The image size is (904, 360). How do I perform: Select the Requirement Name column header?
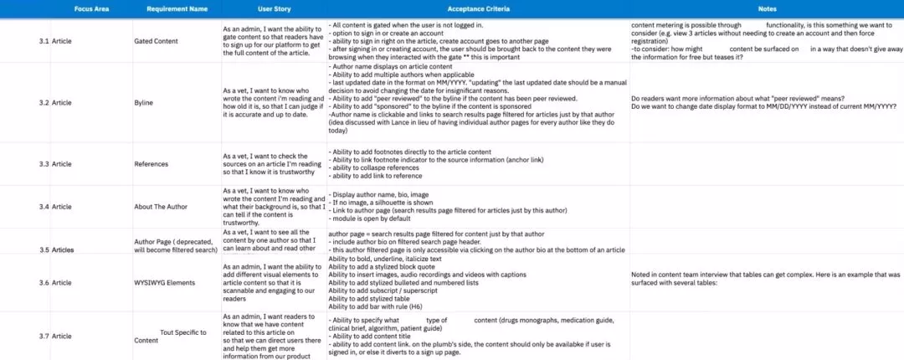pos(177,8)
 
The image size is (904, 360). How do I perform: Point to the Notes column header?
pos(767,8)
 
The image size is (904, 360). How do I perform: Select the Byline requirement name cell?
pos(144,103)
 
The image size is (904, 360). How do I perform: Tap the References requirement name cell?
pos(152,164)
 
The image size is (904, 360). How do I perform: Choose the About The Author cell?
pos(162,206)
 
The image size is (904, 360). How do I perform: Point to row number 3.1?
pos(44,40)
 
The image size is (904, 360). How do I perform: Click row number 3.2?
pos(44,103)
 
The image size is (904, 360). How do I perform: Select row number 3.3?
pos(44,164)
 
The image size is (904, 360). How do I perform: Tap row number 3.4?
pos(44,206)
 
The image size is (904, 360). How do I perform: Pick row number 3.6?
pos(44,283)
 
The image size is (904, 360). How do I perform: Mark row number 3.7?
pos(44,336)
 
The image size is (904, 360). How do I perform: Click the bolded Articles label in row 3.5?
pos(63,249)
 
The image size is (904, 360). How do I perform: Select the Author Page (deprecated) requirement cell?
pos(176,245)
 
